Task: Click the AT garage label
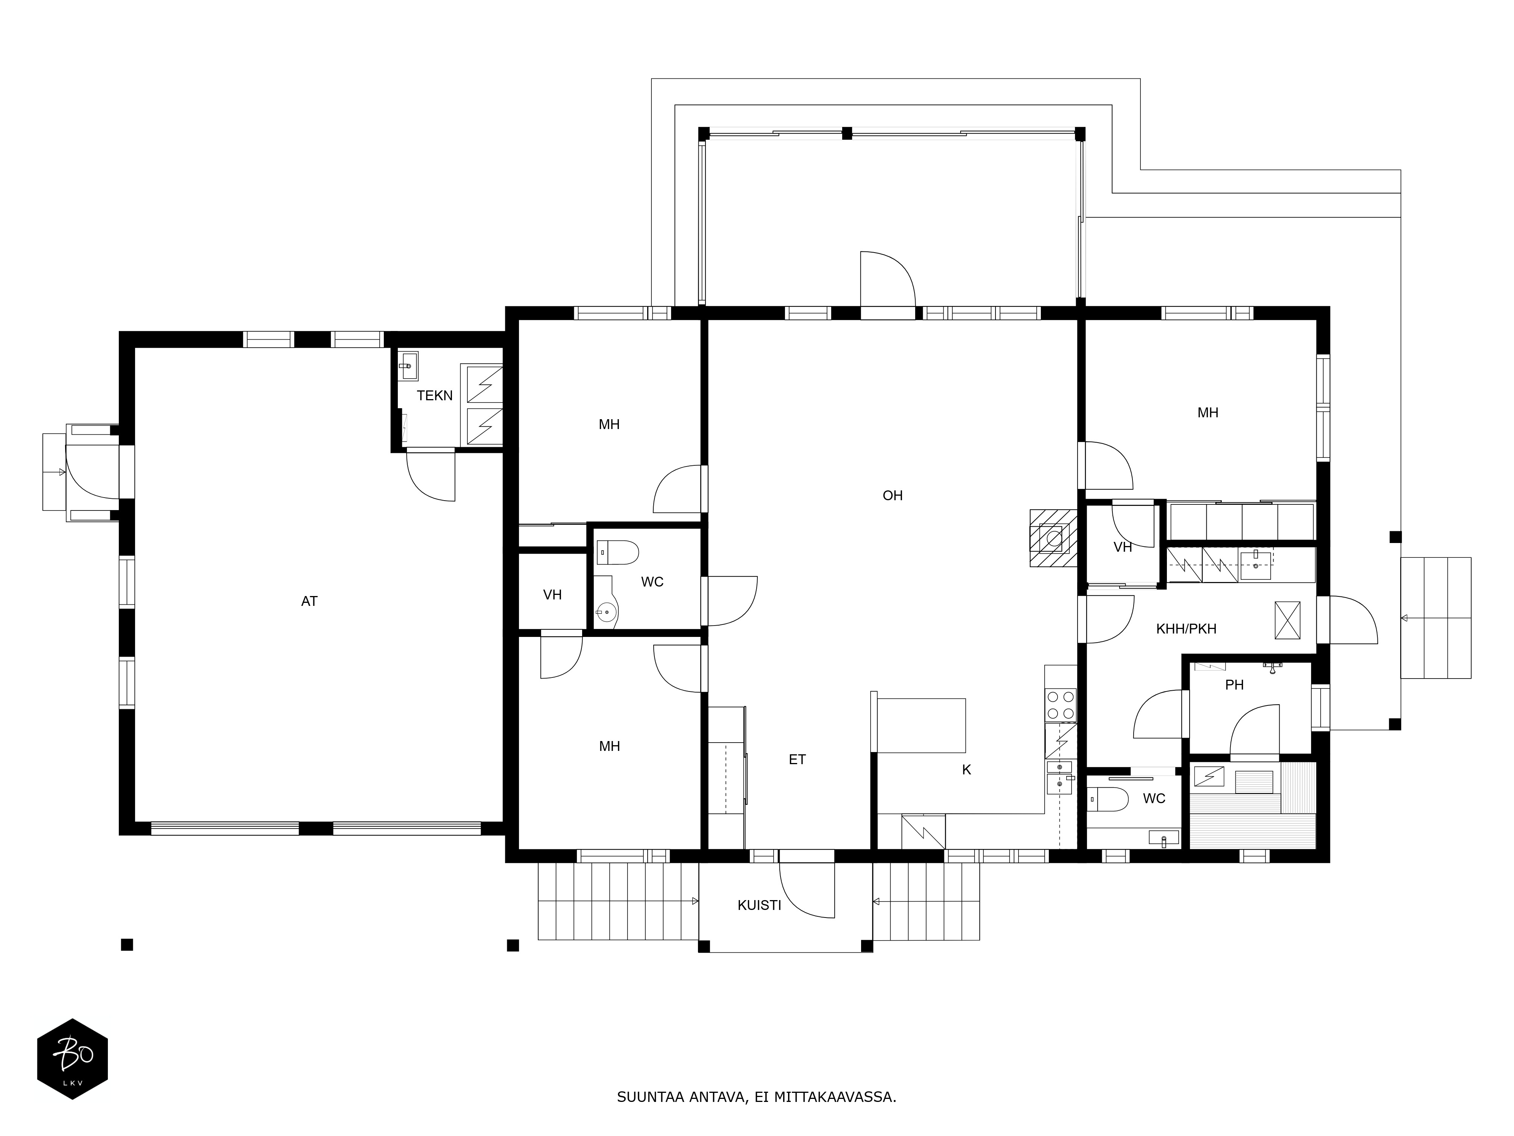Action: point(309,601)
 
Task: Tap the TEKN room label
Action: point(435,396)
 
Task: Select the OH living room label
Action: point(893,496)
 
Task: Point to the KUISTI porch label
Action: point(759,905)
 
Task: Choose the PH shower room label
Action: point(1234,685)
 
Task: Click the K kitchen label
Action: point(966,770)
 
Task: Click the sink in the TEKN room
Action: point(408,366)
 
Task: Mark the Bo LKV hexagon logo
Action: point(73,1059)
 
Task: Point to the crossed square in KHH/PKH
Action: point(1287,620)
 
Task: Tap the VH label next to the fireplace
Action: point(1123,547)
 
